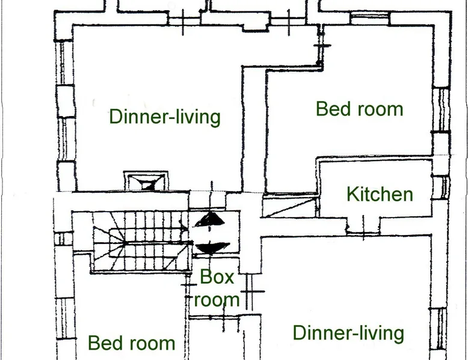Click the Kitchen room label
click(380, 195)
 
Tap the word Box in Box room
click(217, 277)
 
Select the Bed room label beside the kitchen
click(359, 109)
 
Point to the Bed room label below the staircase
click(131, 343)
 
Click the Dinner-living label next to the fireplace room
click(165, 117)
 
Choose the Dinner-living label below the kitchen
click(348, 333)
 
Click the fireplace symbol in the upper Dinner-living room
click(146, 181)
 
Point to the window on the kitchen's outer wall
click(440, 187)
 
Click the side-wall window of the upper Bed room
click(441, 109)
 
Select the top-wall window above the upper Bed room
click(370, 18)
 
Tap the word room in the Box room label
click(217, 299)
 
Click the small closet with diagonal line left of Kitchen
click(290, 206)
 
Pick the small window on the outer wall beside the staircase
click(63, 239)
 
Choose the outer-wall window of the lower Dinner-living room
click(438, 329)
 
